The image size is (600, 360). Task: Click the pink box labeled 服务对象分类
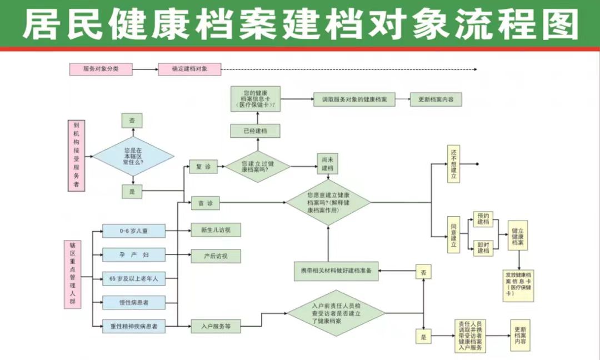tap(101, 69)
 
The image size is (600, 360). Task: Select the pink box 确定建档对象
tap(189, 69)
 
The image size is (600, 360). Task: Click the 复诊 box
tap(203, 167)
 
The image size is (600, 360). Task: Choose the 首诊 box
tap(205, 204)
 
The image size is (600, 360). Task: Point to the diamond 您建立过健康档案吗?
tap(257, 167)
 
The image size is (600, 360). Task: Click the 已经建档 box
tap(255, 131)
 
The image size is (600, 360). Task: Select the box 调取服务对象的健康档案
tap(354, 100)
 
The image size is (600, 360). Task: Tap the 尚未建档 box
tap(328, 164)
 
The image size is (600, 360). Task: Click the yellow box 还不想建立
tap(454, 164)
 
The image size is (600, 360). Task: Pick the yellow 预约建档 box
tap(483, 219)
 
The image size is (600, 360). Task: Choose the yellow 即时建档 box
tap(483, 247)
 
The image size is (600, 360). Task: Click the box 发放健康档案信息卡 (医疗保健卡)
tap(518, 284)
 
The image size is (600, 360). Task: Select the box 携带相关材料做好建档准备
tap(336, 271)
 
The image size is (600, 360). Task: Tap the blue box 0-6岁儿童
tap(134, 231)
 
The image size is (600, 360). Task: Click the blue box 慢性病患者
tap(134, 303)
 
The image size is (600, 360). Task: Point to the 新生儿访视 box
tap(216, 230)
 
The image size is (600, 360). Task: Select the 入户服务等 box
tap(216, 326)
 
